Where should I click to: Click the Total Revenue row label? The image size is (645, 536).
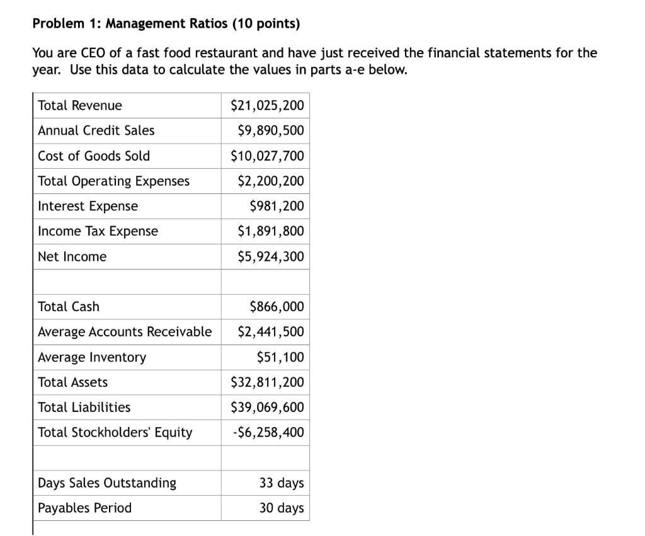click(x=80, y=105)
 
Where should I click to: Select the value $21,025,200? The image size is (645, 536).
click(x=267, y=105)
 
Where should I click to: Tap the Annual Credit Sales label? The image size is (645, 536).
click(x=96, y=130)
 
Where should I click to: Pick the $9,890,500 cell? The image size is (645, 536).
click(x=270, y=130)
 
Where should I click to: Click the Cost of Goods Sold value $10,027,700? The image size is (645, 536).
click(x=267, y=156)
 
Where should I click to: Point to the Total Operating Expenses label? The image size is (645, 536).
click(x=113, y=181)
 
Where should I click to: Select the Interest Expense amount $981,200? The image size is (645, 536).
click(x=277, y=206)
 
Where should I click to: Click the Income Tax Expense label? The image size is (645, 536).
click(x=98, y=231)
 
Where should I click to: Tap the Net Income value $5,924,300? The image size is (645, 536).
click(x=270, y=256)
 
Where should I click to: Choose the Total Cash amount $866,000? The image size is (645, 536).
click(x=277, y=307)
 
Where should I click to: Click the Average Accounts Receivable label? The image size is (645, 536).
click(x=125, y=332)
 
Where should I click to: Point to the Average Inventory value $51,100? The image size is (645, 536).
click(x=280, y=357)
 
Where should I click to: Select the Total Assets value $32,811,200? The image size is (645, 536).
click(x=267, y=382)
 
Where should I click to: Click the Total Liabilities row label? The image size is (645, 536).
click(x=84, y=408)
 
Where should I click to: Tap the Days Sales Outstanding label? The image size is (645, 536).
click(x=107, y=483)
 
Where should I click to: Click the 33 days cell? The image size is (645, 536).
click(x=282, y=483)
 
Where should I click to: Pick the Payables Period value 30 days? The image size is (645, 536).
click(x=282, y=508)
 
